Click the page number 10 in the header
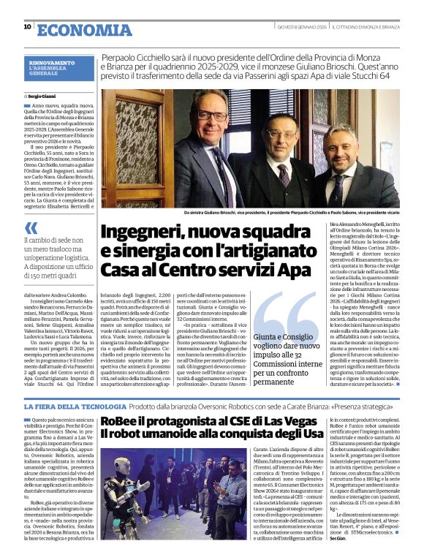click(27, 26)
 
